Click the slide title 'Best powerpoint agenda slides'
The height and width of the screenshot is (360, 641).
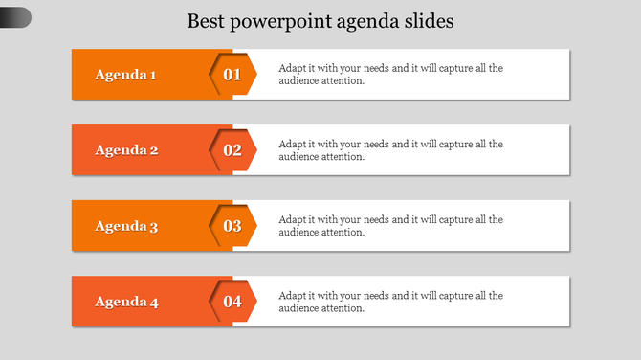click(320, 20)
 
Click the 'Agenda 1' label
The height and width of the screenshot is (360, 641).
click(126, 74)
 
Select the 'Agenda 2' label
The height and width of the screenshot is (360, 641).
click(126, 149)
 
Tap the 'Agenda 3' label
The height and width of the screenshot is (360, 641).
click(126, 226)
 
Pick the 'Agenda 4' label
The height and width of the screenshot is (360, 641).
click(126, 302)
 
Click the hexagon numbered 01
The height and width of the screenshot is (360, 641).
click(232, 74)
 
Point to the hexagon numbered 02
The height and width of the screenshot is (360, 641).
click(232, 149)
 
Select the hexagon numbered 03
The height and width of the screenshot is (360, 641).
click(232, 226)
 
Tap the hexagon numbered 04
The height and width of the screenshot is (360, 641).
click(232, 302)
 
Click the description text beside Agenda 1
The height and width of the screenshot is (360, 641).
click(390, 74)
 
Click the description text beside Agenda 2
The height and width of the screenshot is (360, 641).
click(390, 150)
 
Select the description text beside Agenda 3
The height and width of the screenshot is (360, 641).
click(390, 226)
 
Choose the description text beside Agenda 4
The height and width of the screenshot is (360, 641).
click(390, 302)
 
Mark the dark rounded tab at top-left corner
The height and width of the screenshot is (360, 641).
click(14, 17)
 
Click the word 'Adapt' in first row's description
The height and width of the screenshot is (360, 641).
click(293, 68)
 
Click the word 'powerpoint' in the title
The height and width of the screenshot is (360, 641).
click(280, 21)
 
